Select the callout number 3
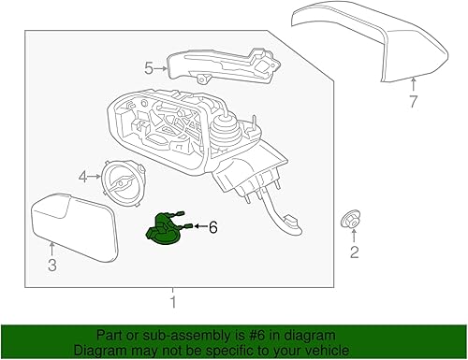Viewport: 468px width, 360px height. (x=52, y=266)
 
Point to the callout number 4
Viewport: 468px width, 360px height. (x=82, y=176)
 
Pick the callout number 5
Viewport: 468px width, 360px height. (x=148, y=67)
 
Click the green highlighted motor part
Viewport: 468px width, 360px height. (x=166, y=231)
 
